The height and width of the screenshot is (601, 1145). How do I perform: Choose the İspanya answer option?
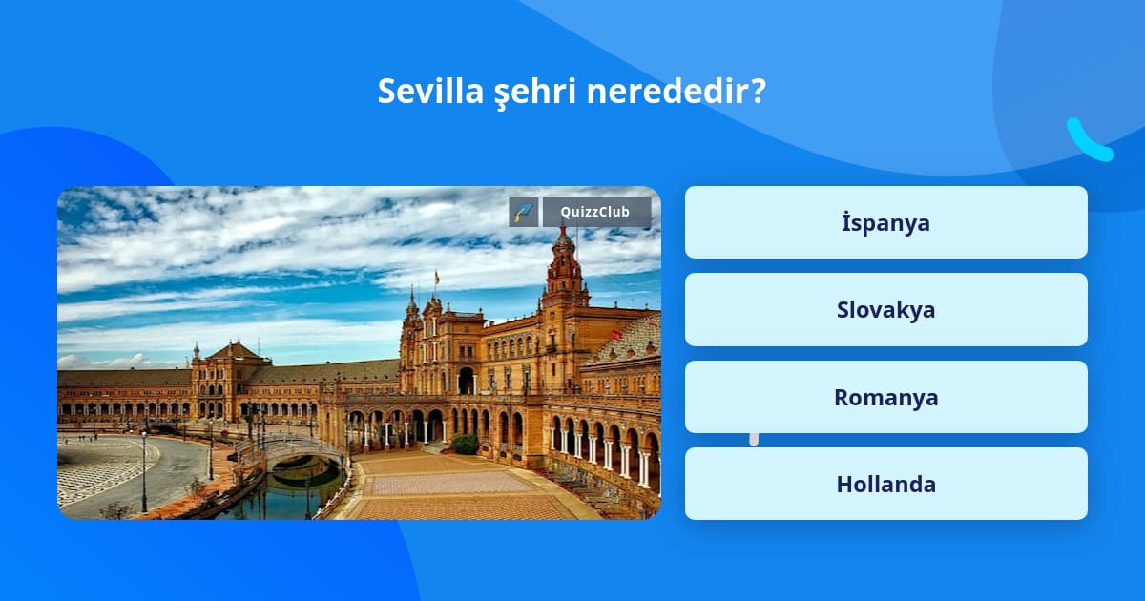click(x=885, y=222)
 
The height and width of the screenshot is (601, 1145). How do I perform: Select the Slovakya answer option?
click(x=885, y=310)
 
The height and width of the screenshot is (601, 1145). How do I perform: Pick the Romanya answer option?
click(x=885, y=397)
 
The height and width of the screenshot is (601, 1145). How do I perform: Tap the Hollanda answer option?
click(x=885, y=484)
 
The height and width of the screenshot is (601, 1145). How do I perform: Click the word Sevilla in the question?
click(x=430, y=91)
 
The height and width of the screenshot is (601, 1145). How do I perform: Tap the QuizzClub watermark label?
click(x=596, y=212)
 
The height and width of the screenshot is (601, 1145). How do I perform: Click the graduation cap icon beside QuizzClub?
click(x=524, y=212)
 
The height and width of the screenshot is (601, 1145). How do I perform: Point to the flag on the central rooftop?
click(x=437, y=278)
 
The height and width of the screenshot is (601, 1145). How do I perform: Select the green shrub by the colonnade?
click(x=466, y=445)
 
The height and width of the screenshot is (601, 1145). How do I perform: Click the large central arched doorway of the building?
click(x=466, y=381)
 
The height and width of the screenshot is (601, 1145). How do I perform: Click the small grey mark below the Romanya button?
click(x=754, y=440)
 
